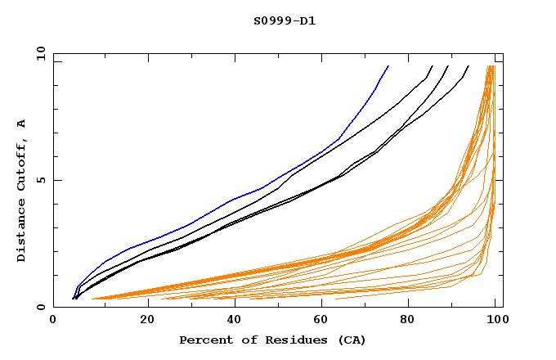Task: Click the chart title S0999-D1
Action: point(284,20)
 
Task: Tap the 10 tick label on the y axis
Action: point(40,53)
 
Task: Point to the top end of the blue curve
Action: point(388,66)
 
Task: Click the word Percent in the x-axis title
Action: point(203,340)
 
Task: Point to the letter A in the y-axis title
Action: point(21,124)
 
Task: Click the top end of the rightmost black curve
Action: point(468,66)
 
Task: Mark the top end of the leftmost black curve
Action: point(433,66)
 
